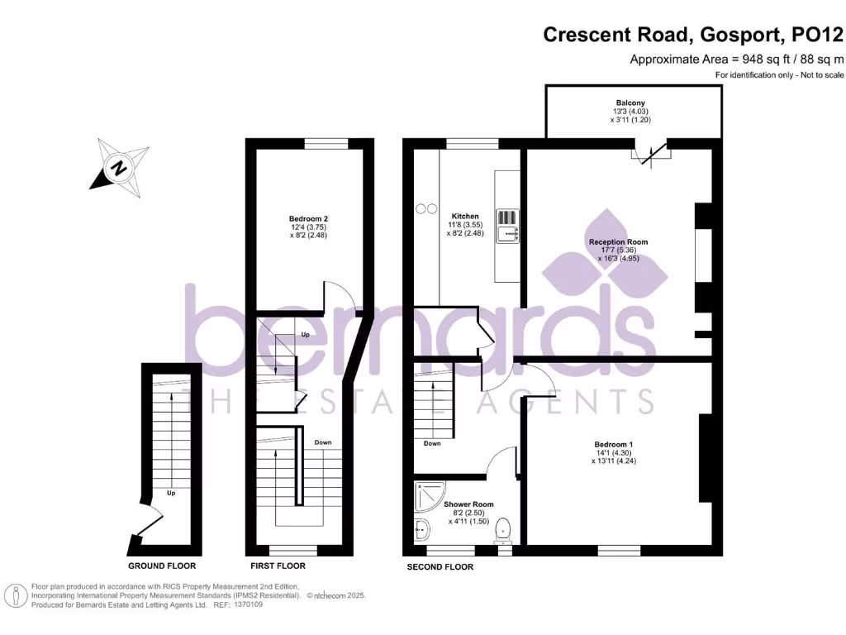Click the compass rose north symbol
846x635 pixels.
(120, 169)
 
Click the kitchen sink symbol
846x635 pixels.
(506, 226)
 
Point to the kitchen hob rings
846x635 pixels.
(425, 208)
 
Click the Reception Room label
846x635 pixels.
(618, 242)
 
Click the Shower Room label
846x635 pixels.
(468, 504)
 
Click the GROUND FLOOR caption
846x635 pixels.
(162, 566)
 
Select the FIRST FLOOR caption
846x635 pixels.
(278, 566)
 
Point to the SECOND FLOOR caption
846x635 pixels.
(440, 567)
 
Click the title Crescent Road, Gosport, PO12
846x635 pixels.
(693, 35)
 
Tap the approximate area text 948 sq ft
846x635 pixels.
(737, 59)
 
